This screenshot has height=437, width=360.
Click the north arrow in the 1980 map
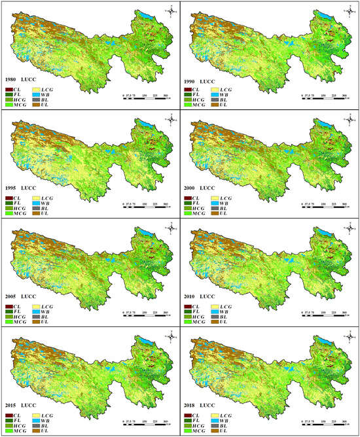(x=171, y=9)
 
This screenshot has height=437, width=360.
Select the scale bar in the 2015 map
(x=145, y=423)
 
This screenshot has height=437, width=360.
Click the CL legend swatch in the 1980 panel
(x=9, y=88)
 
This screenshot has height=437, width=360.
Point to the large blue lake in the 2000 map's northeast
(x=324, y=123)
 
